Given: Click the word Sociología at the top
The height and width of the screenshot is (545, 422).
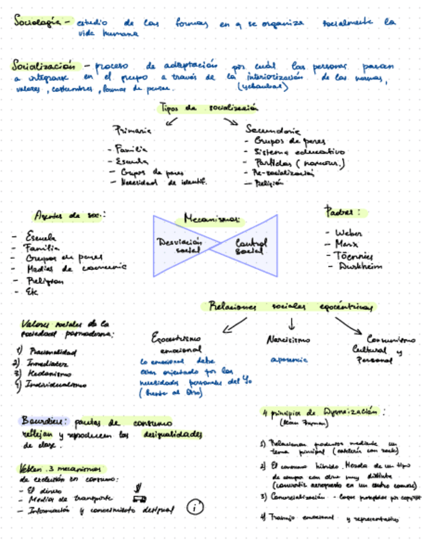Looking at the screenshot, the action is [36, 22].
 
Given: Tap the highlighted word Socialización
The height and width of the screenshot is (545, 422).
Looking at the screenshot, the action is [43, 66].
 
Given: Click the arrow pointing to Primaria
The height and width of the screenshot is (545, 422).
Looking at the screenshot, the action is [171, 120].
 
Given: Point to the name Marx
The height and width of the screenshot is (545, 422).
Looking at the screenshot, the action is [347, 244].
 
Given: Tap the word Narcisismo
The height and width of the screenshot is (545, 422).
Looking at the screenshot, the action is [288, 339].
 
